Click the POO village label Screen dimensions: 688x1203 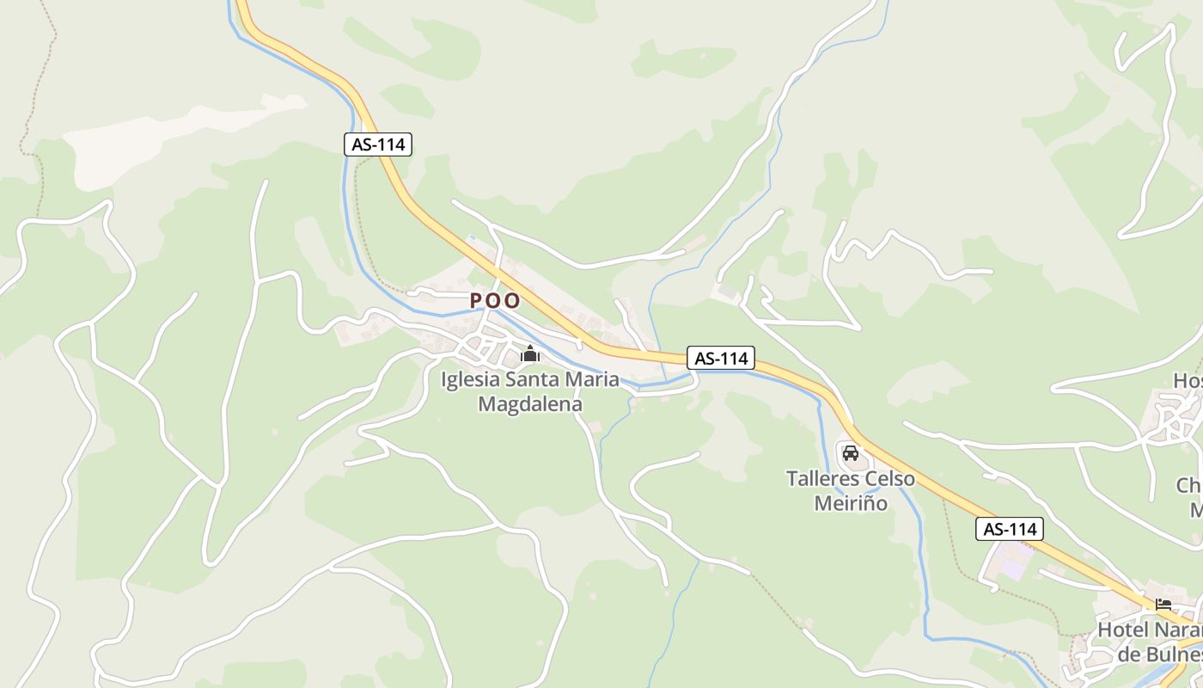tap(495, 300)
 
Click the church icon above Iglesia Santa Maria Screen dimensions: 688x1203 tap(530, 353)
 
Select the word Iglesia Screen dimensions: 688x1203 tap(472, 379)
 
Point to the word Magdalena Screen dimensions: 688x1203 tap(530, 403)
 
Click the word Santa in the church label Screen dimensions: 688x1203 tap(540, 379)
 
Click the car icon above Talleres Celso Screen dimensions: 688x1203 tap(851, 452)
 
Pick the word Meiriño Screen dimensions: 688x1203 tap(851, 502)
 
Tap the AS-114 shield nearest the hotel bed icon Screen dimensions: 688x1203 tap(1010, 529)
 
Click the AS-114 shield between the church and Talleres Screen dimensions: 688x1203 tap(720, 358)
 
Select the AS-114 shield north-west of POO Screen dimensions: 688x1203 tap(378, 144)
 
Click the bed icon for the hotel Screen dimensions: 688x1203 tap(1163, 604)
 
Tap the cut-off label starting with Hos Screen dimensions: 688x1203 tap(1188, 380)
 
